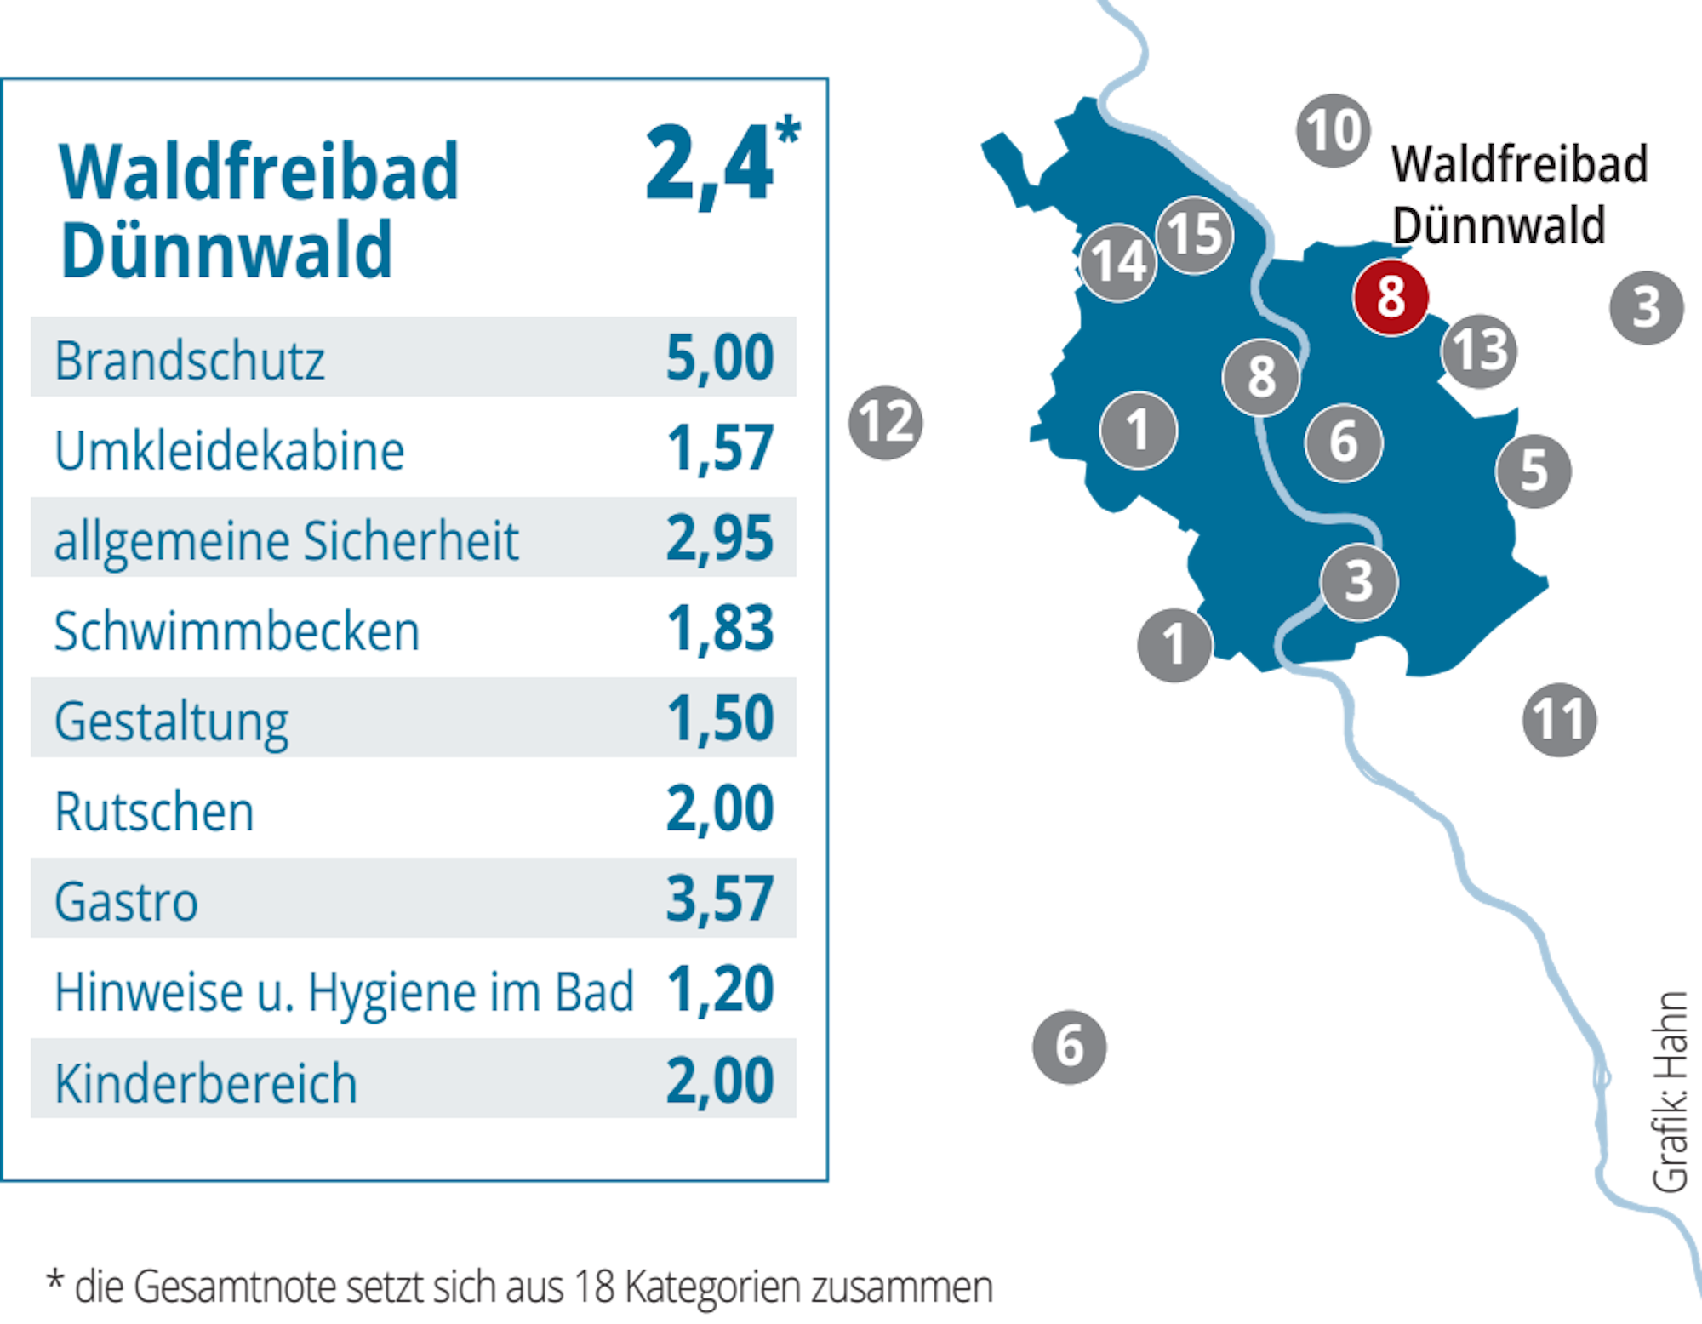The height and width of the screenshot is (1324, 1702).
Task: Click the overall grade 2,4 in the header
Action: (711, 164)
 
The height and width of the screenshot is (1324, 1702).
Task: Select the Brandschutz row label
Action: (189, 360)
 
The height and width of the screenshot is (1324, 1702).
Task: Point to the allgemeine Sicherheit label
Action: (286, 540)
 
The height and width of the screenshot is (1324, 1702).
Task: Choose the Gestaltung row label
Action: (171, 722)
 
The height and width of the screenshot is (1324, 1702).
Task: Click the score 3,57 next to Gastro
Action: (720, 899)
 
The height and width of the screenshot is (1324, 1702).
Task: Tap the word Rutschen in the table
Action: (154, 812)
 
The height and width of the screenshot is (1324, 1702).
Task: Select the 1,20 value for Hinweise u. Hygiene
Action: (720, 990)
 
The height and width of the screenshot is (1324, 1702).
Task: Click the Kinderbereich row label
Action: (205, 1083)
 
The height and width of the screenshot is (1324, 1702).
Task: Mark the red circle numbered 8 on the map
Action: (1391, 297)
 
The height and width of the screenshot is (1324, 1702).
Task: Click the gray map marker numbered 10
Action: (1333, 130)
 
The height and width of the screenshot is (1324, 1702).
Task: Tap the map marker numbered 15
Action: (1195, 234)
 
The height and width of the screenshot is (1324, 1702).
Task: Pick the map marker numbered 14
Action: (1118, 261)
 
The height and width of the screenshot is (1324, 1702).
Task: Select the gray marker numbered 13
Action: (1481, 350)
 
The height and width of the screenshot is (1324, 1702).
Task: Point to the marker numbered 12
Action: (885, 422)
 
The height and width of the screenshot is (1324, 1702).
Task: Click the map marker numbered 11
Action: (1559, 719)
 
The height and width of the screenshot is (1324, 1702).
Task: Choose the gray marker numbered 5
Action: (1534, 471)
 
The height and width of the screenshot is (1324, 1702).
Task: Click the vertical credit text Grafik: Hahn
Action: (1670, 1091)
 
